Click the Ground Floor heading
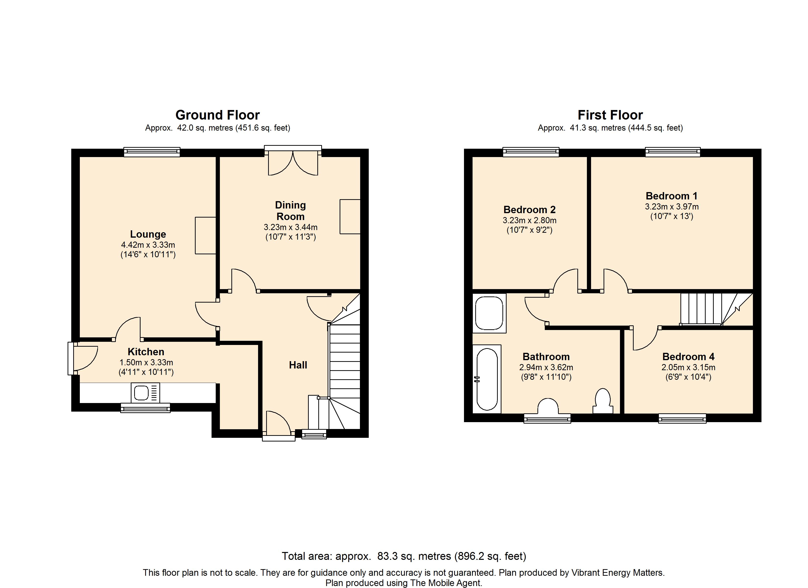click(217, 115)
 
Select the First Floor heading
click(610, 115)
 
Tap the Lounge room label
click(148, 234)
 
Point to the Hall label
click(298, 365)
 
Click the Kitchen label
click(146, 352)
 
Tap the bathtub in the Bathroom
click(487, 379)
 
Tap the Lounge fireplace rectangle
click(206, 235)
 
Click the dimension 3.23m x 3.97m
click(672, 207)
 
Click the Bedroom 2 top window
click(531, 152)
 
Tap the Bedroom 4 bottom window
click(682, 418)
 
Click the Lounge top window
click(152, 152)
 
